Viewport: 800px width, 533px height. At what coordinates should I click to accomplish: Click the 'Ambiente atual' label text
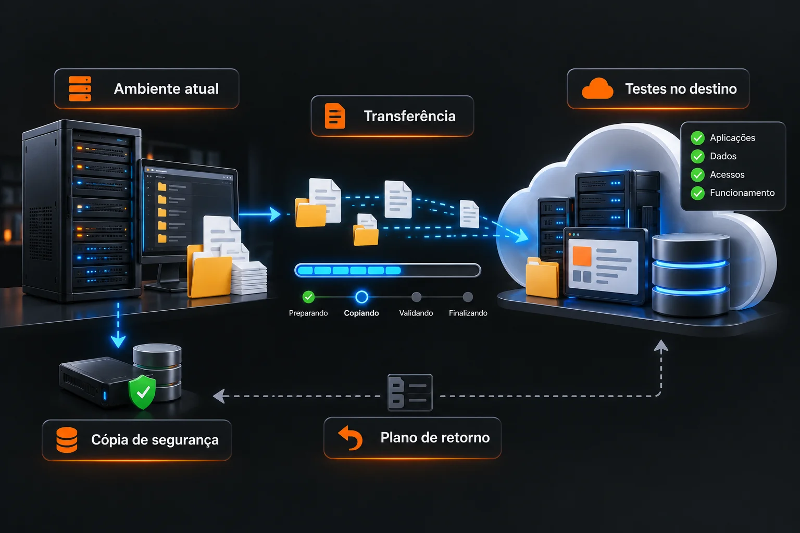click(166, 88)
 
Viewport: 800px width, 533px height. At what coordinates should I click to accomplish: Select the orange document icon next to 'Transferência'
click(335, 116)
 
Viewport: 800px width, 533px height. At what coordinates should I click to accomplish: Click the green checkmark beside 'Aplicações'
click(697, 138)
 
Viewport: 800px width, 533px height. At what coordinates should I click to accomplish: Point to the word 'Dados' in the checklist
click(723, 156)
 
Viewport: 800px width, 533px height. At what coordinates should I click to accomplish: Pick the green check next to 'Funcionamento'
click(697, 193)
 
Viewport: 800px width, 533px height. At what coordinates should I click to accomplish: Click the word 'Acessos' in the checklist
click(727, 174)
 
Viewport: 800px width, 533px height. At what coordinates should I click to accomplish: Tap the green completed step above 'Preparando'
click(308, 297)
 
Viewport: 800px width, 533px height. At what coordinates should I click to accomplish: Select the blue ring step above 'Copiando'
click(361, 297)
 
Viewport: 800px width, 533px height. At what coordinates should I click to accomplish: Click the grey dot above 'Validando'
click(417, 297)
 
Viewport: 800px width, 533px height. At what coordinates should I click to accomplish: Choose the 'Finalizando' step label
click(468, 313)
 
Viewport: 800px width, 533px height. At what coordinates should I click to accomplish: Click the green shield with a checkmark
click(142, 391)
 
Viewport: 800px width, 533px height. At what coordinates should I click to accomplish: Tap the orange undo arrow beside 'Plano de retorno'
click(351, 438)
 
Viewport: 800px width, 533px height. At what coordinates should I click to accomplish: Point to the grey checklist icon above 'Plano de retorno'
click(410, 392)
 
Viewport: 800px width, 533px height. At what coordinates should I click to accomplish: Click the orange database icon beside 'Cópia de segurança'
click(67, 440)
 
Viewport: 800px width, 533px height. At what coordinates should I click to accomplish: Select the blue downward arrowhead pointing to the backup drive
click(118, 341)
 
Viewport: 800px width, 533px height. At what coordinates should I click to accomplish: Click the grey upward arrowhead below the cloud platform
click(661, 345)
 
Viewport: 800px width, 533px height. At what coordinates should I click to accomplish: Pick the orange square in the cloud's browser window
click(582, 256)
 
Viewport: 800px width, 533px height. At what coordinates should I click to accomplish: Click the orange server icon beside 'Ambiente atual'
click(80, 88)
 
